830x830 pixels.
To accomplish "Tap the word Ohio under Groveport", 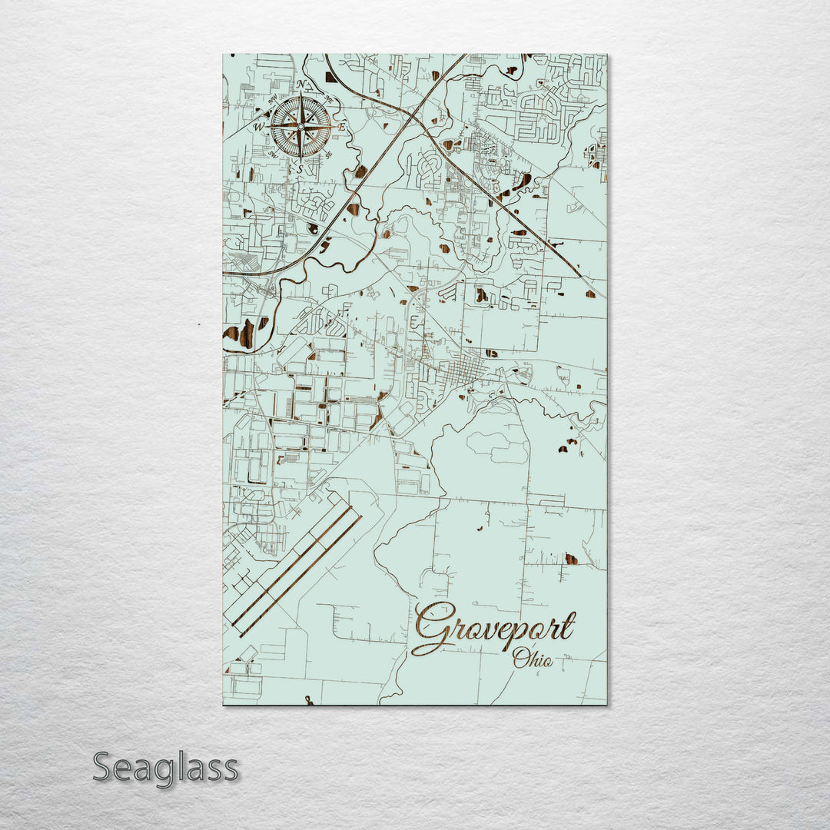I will tap(533, 658).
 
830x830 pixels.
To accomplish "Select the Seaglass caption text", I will tap(165, 768).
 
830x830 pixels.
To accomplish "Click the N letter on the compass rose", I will tap(301, 85).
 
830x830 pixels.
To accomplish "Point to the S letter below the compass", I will tap(301, 168).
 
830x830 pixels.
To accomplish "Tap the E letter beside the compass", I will tap(342, 126).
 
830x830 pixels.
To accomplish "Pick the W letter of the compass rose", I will tap(259, 127).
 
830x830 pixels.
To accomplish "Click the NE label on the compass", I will tap(330, 98).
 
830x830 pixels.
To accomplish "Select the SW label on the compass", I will tap(273, 154).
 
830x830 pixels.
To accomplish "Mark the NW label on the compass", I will tap(272, 98).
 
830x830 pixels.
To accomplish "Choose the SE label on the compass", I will tap(329, 155).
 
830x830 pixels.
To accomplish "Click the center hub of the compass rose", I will tap(301, 127).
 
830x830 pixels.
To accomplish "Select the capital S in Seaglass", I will tap(105, 768).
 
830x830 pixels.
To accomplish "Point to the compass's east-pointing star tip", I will tap(331, 127).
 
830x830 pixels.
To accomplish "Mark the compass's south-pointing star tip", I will tap(301, 157).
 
